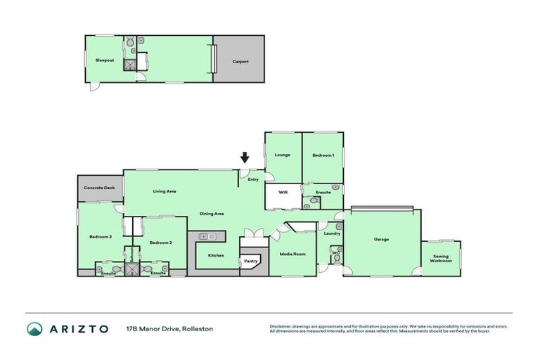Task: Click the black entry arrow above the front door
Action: point(245,157)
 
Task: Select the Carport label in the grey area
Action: point(240,61)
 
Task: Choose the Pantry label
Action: point(251,261)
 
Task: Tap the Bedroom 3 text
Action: point(101,237)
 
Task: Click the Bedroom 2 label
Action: point(161,243)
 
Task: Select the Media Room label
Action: point(292,254)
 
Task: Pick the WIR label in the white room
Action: point(283,191)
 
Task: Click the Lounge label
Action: point(283,155)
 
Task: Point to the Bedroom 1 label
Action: point(323,155)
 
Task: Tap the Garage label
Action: point(381,239)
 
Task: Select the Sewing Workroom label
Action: point(441,259)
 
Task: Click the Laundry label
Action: point(332,233)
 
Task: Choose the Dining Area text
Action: point(212,213)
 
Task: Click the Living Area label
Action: point(165,191)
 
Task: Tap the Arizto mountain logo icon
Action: point(34,329)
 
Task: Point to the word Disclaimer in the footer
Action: point(283,326)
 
